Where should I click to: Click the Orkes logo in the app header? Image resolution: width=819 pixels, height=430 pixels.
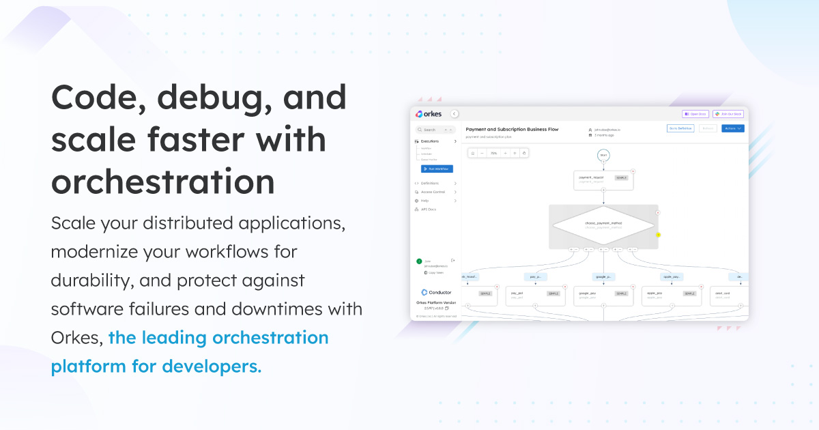(x=429, y=114)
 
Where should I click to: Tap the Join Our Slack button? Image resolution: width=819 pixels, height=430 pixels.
(x=728, y=114)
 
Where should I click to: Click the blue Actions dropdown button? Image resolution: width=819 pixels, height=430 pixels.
(x=732, y=128)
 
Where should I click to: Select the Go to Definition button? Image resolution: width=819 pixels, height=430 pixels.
(x=680, y=128)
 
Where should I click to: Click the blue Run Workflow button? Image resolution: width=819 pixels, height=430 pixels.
(x=437, y=169)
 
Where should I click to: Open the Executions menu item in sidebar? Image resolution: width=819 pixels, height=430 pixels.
(x=431, y=141)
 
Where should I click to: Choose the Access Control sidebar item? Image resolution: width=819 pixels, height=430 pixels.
(x=433, y=192)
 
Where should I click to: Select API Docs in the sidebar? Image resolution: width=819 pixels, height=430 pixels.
(x=428, y=210)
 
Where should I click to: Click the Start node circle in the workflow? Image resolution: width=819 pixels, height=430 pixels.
(x=603, y=155)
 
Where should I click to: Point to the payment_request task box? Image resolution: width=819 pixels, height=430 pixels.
(x=603, y=180)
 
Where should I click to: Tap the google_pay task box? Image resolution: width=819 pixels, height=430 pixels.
(x=603, y=295)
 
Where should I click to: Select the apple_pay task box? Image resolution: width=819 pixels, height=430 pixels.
(x=671, y=295)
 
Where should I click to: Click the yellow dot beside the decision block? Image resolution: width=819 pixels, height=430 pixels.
(x=658, y=235)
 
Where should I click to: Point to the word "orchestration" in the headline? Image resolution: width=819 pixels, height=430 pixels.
(x=163, y=182)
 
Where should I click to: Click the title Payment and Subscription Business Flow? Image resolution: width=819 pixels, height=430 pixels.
(x=512, y=128)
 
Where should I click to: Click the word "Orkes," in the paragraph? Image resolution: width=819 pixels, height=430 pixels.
(x=76, y=338)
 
